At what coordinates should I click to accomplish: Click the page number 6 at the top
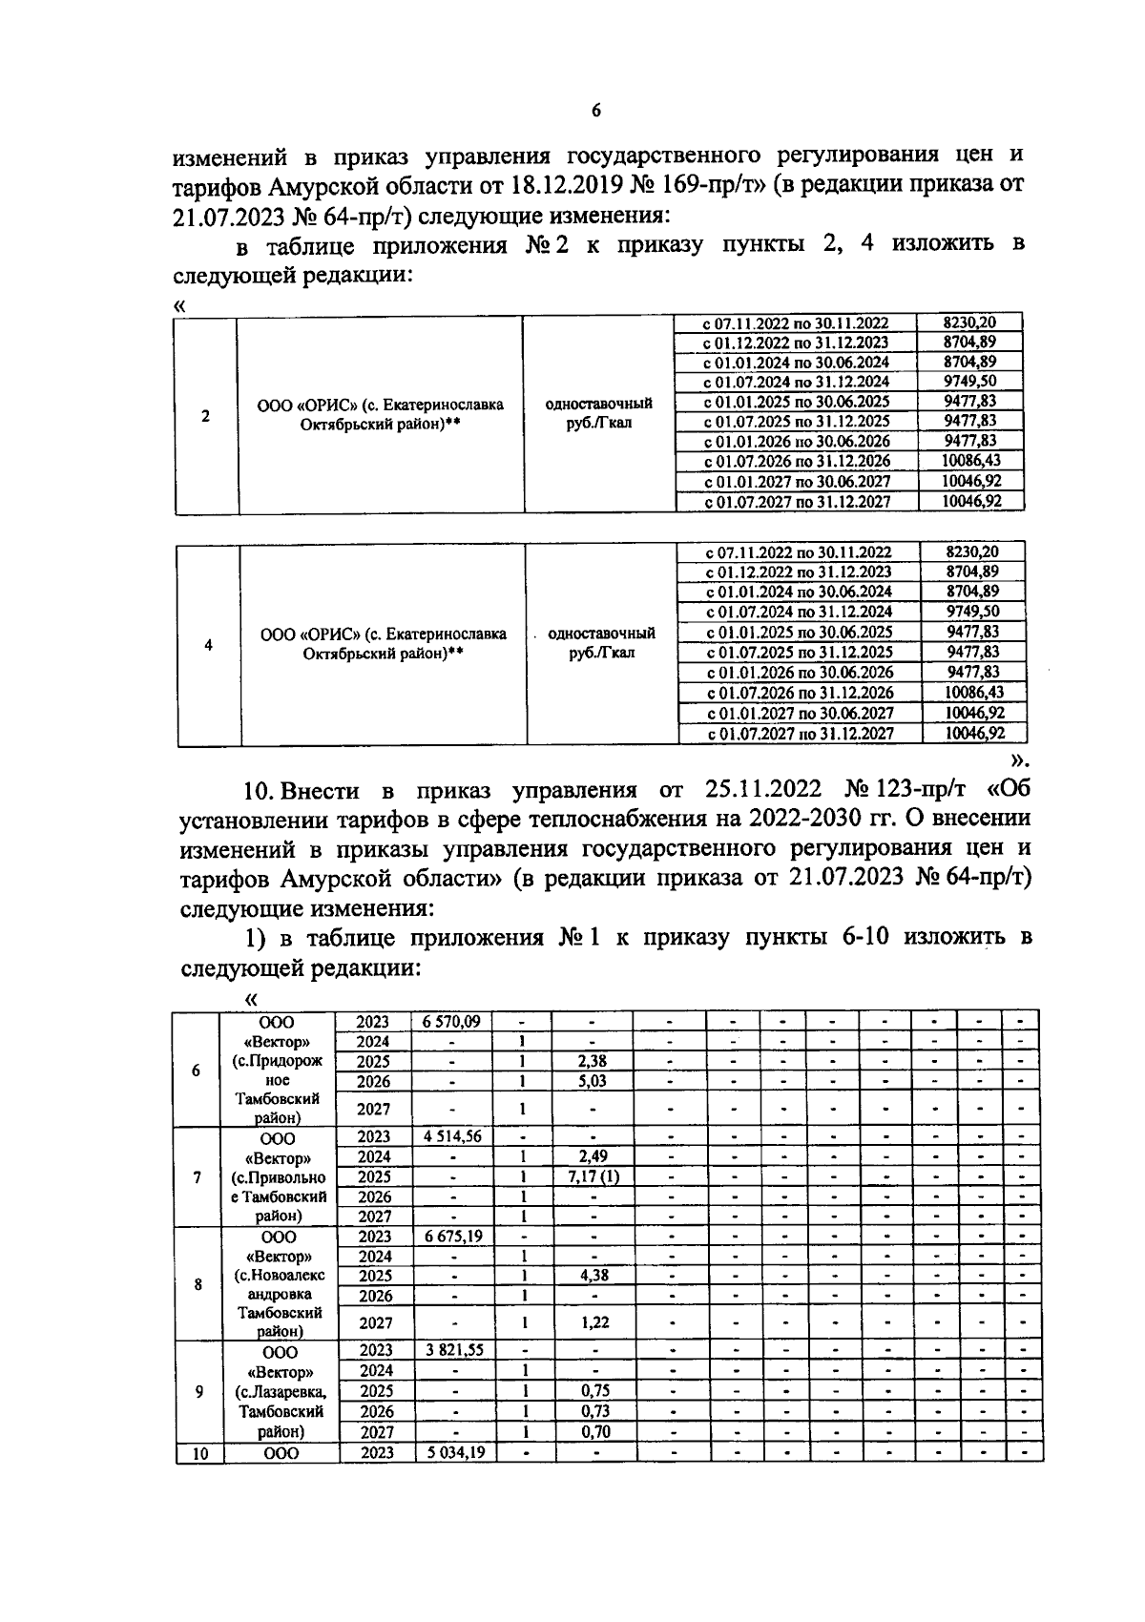tap(596, 111)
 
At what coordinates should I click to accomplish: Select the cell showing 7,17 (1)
tap(593, 1176)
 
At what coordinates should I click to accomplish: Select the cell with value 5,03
tap(593, 1081)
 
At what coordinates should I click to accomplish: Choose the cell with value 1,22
tap(593, 1322)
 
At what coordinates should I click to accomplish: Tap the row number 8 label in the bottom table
tap(198, 1284)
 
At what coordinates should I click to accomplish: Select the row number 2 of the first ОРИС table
tap(206, 416)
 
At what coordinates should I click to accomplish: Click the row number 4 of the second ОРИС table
tap(208, 644)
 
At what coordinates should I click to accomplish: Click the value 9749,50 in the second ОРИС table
tap(972, 612)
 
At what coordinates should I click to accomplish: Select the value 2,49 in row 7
tap(593, 1156)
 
